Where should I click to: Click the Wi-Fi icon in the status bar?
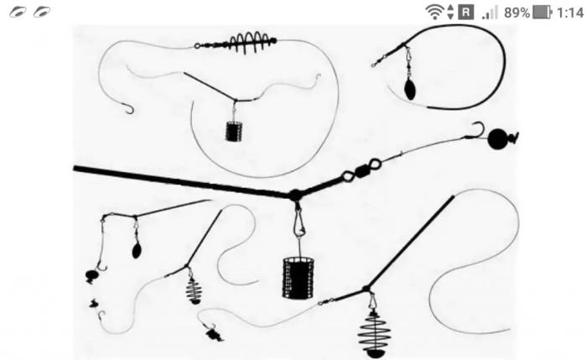pyautogui.click(x=434, y=13)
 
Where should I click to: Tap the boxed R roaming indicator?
pyautogui.click(x=465, y=13)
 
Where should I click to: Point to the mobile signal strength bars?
pyautogui.click(x=490, y=13)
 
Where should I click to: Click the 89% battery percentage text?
pyautogui.click(x=517, y=13)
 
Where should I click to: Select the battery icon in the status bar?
pyautogui.click(x=542, y=13)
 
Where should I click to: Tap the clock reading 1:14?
pyautogui.click(x=570, y=13)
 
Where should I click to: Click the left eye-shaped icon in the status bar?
pyautogui.click(x=18, y=13)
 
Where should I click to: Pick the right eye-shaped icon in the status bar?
pyautogui.click(x=42, y=13)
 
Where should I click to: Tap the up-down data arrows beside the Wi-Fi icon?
pyautogui.click(x=450, y=13)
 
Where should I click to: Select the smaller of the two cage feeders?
pyautogui.click(x=234, y=131)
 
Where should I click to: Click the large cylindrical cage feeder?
pyautogui.click(x=298, y=278)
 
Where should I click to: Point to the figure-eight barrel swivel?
pyautogui.click(x=362, y=170)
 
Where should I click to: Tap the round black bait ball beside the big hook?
pyautogui.click(x=497, y=139)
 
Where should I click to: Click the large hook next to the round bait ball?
pyautogui.click(x=476, y=130)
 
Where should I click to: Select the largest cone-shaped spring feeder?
pyautogui.click(x=374, y=334)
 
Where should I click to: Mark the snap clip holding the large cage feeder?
pyautogui.click(x=299, y=223)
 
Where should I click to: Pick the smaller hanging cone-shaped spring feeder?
pyautogui.click(x=194, y=290)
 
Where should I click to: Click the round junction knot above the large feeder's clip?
pyautogui.click(x=295, y=195)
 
